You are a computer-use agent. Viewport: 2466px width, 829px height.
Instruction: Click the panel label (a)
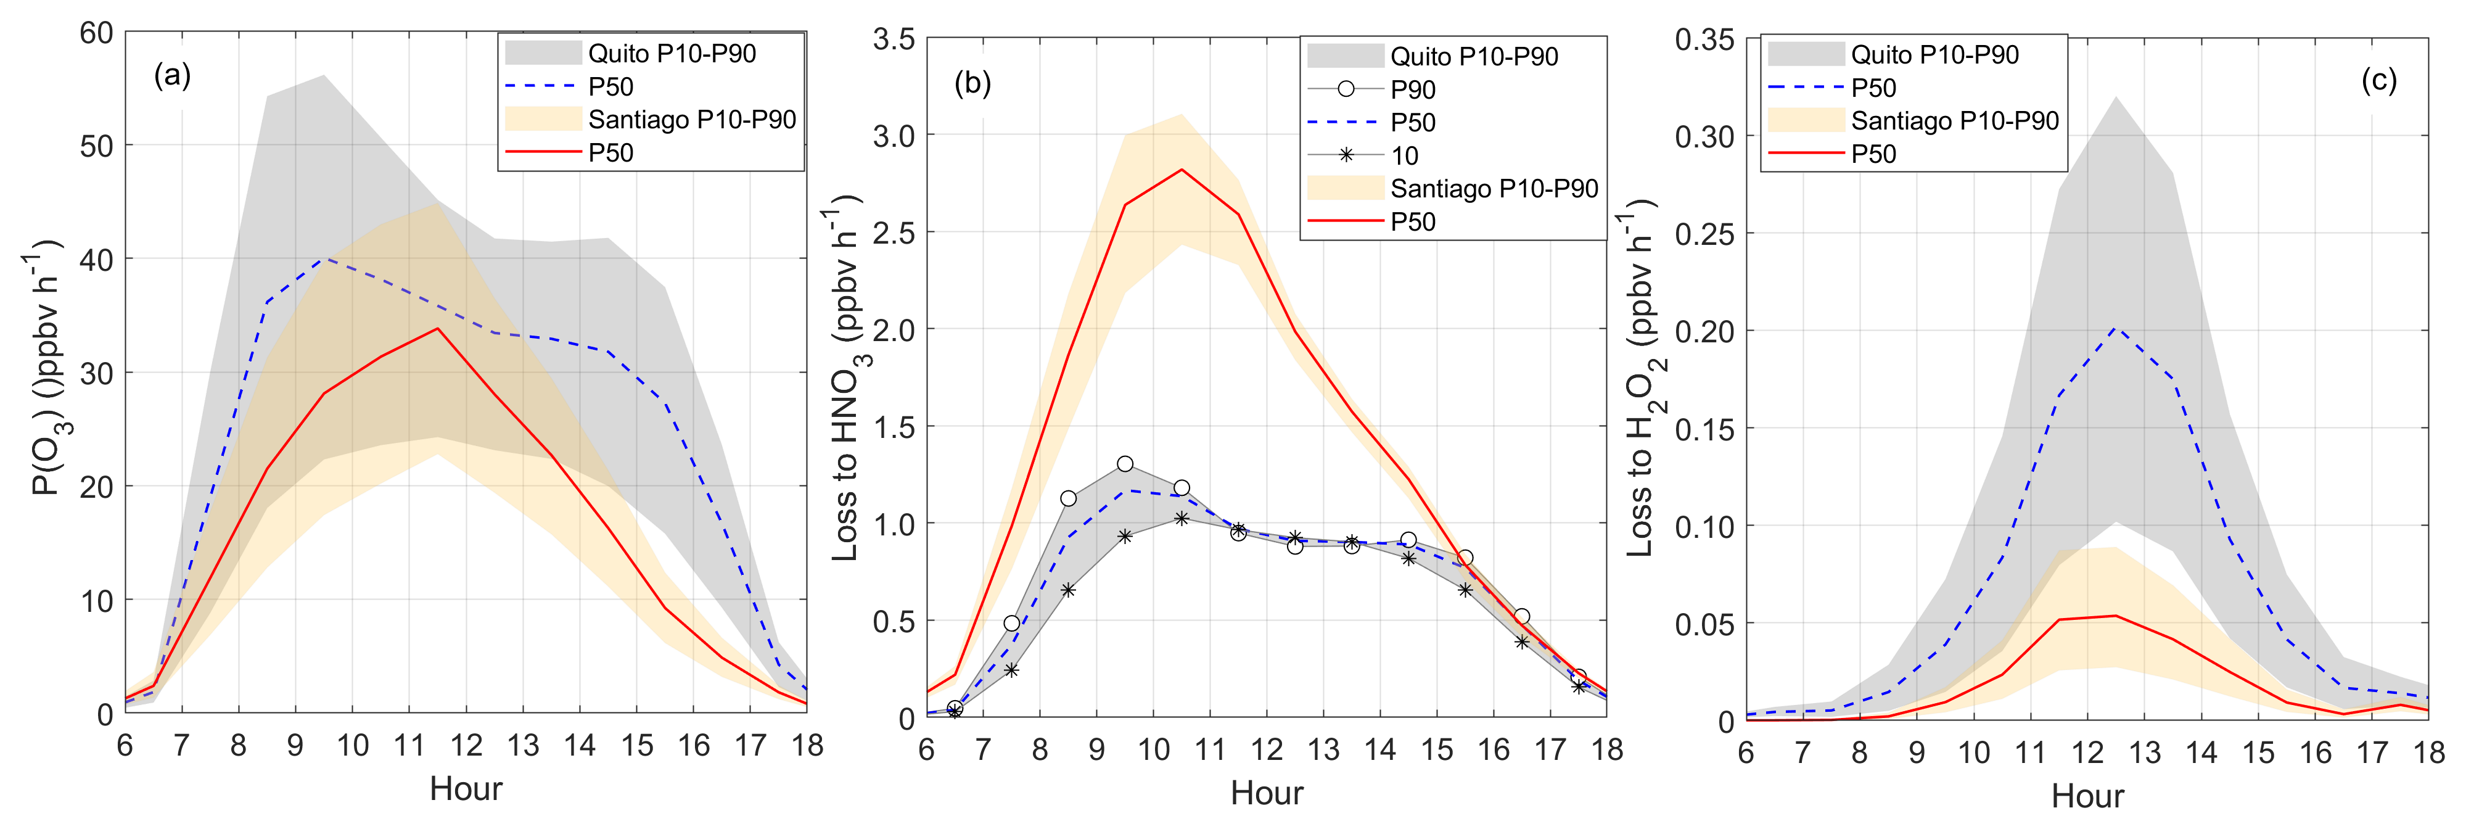pyautogui.click(x=172, y=75)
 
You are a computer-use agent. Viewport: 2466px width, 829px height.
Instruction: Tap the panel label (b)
pyautogui.click(x=972, y=83)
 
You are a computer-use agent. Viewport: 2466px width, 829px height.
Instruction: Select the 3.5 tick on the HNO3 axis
pyautogui.click(x=893, y=39)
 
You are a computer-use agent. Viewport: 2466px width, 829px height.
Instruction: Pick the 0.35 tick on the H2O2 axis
pyautogui.click(x=1704, y=39)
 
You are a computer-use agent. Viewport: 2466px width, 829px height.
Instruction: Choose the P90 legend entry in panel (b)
pyautogui.click(x=1412, y=90)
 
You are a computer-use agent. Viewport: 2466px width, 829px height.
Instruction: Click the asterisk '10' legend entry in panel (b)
pyautogui.click(x=1404, y=156)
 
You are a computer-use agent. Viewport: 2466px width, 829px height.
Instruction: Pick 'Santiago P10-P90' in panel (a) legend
pyautogui.click(x=691, y=120)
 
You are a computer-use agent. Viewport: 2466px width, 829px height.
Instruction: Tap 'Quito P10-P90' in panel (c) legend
pyautogui.click(x=1934, y=54)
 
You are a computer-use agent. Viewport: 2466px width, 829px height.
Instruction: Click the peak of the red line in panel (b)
pyautogui.click(x=1182, y=170)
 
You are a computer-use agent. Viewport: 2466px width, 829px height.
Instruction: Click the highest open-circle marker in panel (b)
pyautogui.click(x=1125, y=464)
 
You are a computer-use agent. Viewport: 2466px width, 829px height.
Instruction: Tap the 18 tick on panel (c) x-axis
pyautogui.click(x=2428, y=753)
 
